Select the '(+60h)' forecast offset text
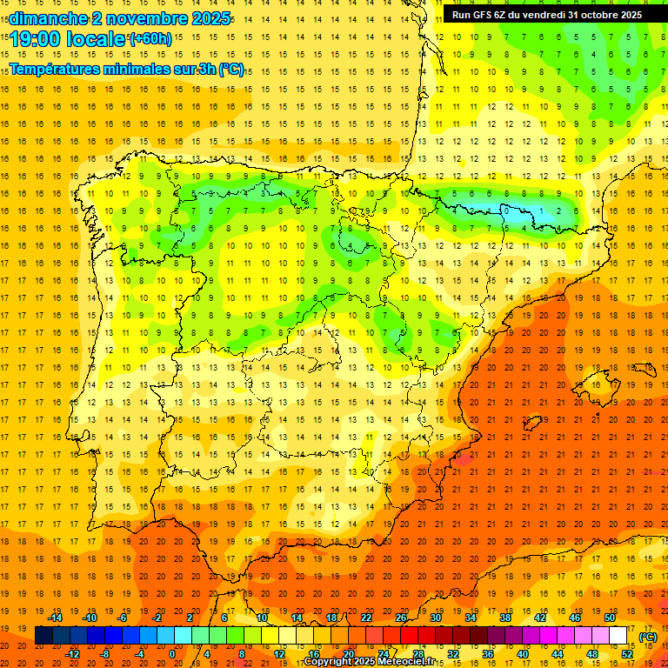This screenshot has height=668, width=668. pos(150,38)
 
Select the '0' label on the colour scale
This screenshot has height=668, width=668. pos(172,654)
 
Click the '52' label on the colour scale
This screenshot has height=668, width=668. pos(627,654)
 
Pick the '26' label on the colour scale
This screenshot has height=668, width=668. pos(401,617)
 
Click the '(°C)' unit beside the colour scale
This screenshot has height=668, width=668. pos(648,637)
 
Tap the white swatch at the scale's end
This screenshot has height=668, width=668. pos(618,636)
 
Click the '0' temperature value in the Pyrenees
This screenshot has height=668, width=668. pos(505,210)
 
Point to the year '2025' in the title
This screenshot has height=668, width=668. pos(210,18)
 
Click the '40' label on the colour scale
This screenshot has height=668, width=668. pos(522,654)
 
